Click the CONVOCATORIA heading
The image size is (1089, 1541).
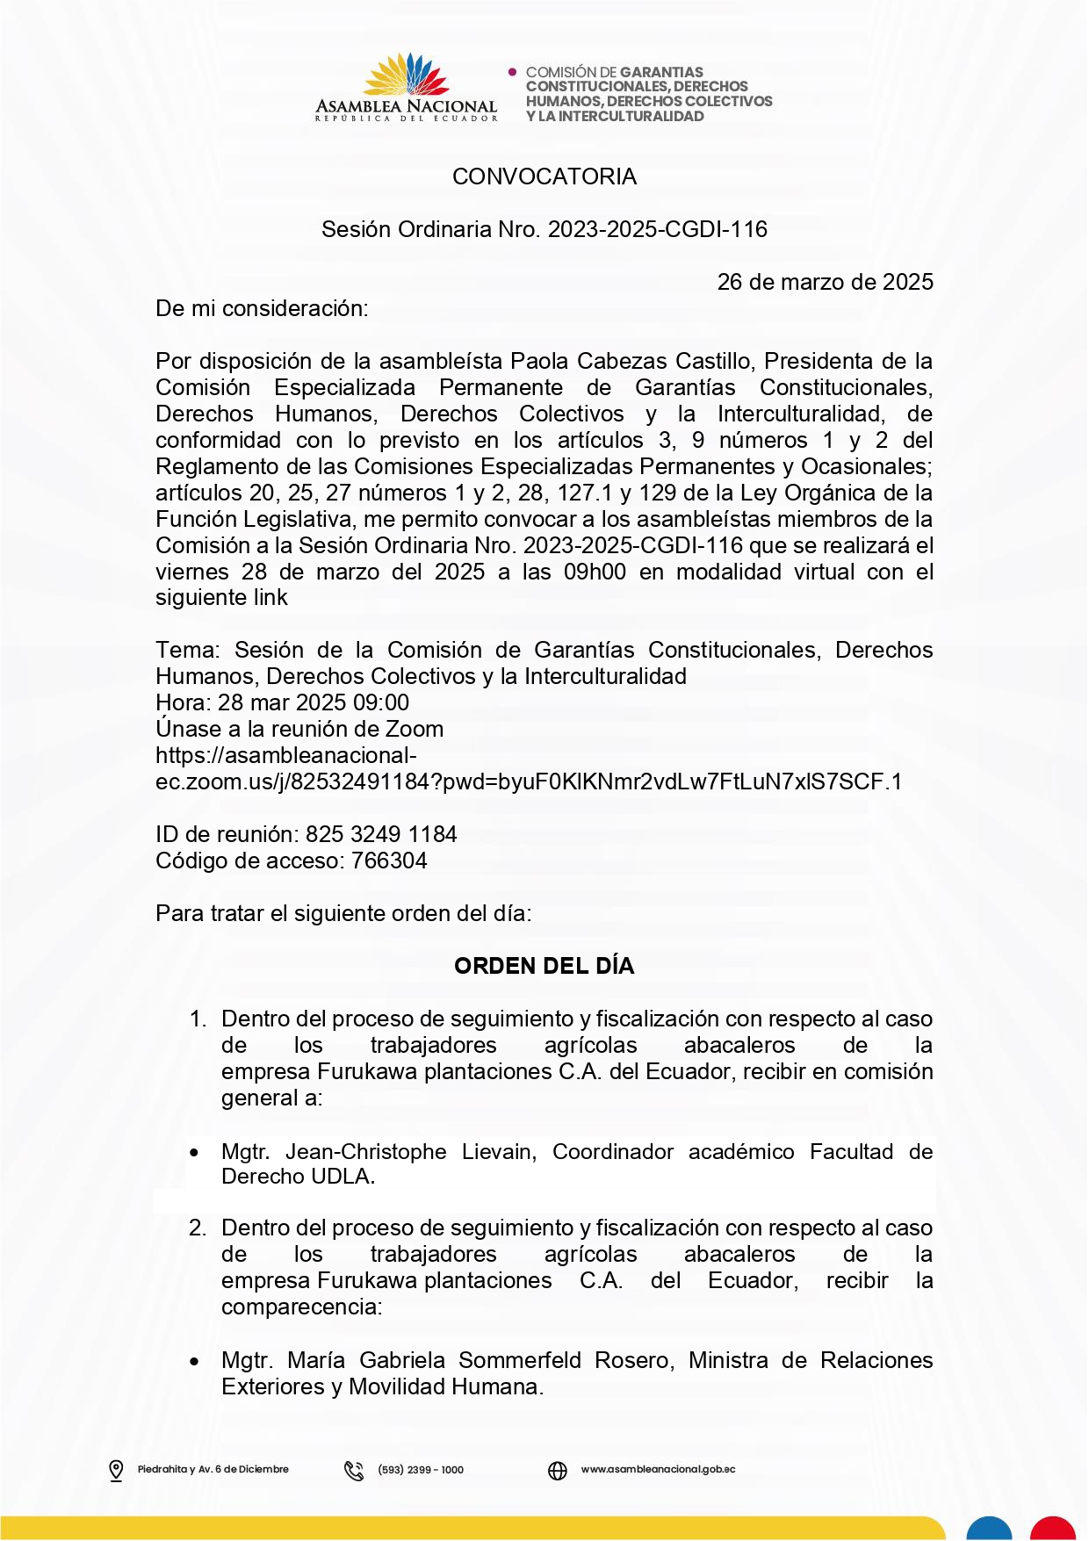[544, 176]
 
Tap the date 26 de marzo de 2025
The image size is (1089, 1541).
[825, 282]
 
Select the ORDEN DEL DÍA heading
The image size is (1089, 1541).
[544, 966]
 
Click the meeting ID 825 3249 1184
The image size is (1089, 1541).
[381, 834]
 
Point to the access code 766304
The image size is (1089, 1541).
[389, 861]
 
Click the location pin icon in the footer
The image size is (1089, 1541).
[116, 1470]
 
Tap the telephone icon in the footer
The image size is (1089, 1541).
[354, 1470]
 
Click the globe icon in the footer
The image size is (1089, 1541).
[558, 1470]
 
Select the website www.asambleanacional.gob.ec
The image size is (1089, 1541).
[658, 1469]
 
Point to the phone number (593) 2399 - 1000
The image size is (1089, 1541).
[421, 1470]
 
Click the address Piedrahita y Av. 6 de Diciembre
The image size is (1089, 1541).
[213, 1469]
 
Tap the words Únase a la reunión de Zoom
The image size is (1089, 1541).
[299, 729]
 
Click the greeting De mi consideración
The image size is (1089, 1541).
[262, 308]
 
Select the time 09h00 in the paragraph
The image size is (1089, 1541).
[595, 572]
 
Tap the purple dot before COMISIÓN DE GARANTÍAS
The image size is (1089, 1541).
[513, 72]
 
